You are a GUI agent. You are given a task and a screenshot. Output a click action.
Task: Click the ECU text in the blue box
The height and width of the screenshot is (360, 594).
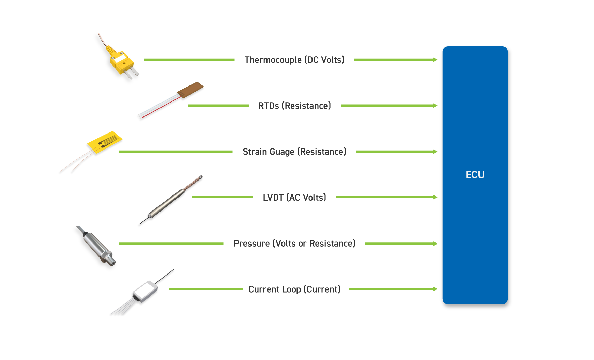(475, 175)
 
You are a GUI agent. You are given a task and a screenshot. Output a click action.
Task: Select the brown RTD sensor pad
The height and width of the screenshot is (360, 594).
(191, 90)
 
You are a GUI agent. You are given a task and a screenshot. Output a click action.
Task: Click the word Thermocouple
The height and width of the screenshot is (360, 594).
(273, 60)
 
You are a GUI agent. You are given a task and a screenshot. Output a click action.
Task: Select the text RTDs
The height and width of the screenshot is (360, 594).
(269, 106)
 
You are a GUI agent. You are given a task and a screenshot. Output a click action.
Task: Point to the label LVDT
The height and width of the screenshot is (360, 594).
(273, 198)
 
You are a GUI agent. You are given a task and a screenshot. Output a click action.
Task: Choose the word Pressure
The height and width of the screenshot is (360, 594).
(252, 244)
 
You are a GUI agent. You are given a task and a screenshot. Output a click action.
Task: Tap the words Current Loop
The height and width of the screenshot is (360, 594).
(274, 289)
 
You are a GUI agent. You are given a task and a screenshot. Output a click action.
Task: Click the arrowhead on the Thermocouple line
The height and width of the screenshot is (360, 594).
(435, 60)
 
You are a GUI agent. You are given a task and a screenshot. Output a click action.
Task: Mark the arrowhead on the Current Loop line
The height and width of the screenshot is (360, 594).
(435, 289)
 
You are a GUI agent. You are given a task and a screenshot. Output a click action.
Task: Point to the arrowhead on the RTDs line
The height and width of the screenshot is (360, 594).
(435, 106)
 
